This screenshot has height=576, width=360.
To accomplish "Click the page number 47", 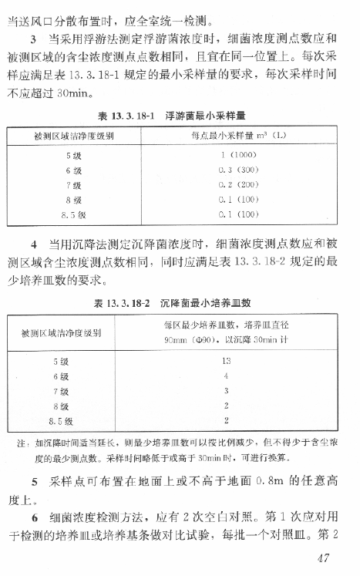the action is click(338, 559).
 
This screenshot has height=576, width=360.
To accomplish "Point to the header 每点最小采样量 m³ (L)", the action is click(238, 136).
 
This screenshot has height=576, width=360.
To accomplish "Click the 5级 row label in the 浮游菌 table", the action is click(73, 156).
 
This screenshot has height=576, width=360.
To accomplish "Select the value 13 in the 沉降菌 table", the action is click(227, 360).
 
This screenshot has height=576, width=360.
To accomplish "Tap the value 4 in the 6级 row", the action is click(226, 376).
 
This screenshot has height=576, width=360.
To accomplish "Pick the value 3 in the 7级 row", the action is click(226, 391).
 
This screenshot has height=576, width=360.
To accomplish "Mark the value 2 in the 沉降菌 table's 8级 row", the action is click(226, 406).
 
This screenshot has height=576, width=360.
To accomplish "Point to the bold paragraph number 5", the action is click(34, 482).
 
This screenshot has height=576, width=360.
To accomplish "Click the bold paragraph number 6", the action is click(34, 516).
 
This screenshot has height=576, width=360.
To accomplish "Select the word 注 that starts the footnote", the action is click(20, 443).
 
